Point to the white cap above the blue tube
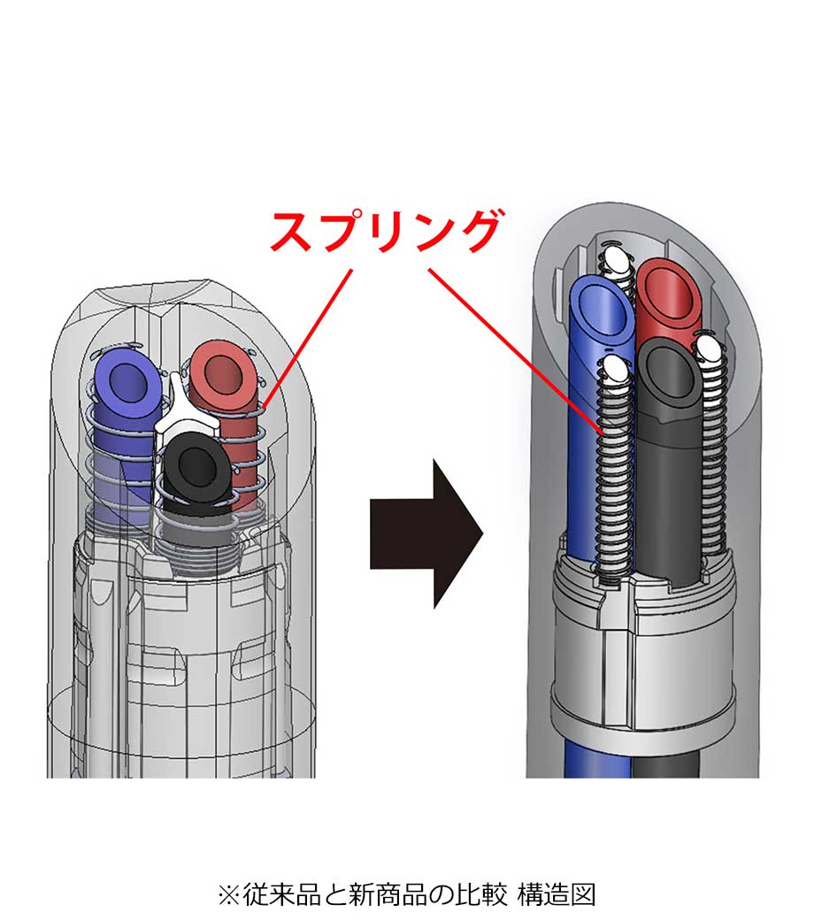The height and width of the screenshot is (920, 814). coord(616,259)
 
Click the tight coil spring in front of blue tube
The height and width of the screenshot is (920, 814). coord(614,478)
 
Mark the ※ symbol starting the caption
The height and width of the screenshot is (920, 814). coord(227,895)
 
